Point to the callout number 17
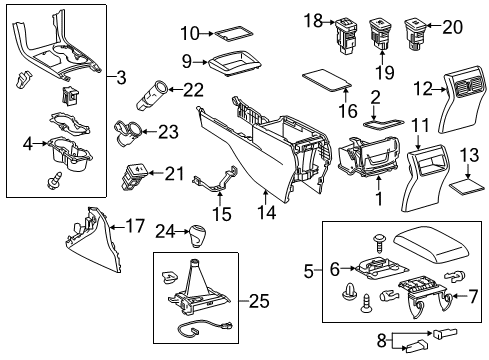point(132,228)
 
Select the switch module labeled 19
point(381,28)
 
